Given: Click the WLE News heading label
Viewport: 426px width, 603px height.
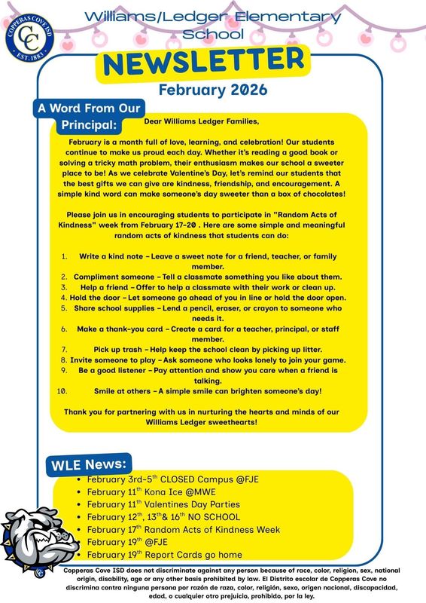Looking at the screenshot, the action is tap(90, 463).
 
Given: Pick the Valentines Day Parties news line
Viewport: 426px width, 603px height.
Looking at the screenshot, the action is tap(163, 504).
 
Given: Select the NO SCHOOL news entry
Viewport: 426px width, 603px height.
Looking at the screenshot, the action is tap(163, 517).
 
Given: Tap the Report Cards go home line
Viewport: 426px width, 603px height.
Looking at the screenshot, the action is tap(164, 555).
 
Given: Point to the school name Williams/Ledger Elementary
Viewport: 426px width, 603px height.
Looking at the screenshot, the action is tap(212, 17).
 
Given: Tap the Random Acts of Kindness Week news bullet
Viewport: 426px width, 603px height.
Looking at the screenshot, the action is tap(183, 530).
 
